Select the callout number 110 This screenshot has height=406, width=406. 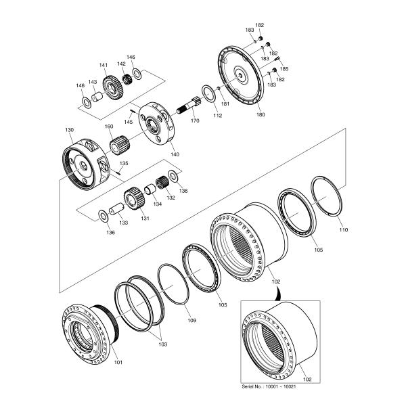click(x=343, y=230)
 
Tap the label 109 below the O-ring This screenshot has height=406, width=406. click(x=192, y=319)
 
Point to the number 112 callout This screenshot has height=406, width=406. click(x=218, y=115)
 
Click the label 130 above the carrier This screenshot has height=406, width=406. click(x=69, y=129)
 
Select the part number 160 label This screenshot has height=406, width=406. click(x=109, y=127)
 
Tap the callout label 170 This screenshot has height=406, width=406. click(x=195, y=121)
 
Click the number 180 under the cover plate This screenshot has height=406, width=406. click(x=261, y=115)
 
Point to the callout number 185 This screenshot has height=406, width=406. click(x=284, y=69)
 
